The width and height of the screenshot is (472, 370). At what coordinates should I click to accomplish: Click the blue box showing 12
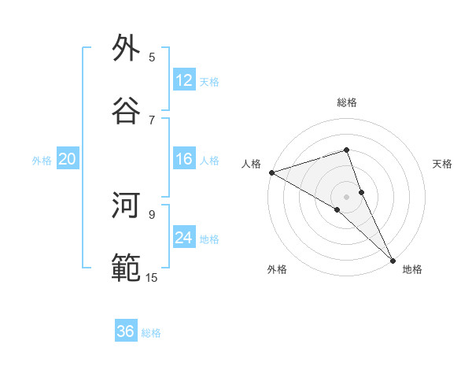[x=184, y=80]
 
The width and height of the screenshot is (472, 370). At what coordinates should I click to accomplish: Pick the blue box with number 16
[x=184, y=159]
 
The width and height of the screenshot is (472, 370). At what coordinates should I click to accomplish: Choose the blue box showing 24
[x=184, y=238]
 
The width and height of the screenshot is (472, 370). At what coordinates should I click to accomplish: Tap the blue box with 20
[x=68, y=159]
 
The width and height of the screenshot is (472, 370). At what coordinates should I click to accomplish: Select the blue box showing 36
[x=126, y=331]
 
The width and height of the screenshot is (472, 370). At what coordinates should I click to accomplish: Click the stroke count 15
[x=152, y=276]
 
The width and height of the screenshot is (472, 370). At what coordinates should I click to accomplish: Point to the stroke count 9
[x=152, y=213]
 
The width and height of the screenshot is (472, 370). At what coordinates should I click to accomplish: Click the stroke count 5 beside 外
[x=152, y=57]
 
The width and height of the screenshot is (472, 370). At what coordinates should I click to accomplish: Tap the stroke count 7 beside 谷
[x=152, y=119]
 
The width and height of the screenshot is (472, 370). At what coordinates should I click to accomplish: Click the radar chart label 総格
[x=347, y=102]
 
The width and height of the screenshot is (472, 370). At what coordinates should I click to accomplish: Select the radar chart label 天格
[x=442, y=164]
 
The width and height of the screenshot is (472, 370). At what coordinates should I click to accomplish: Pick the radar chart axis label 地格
[x=412, y=269]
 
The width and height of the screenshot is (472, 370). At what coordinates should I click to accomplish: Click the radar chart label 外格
[x=277, y=269]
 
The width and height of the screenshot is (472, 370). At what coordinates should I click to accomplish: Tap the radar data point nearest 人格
[x=271, y=172]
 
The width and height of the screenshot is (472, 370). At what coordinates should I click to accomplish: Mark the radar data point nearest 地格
[x=393, y=259]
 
